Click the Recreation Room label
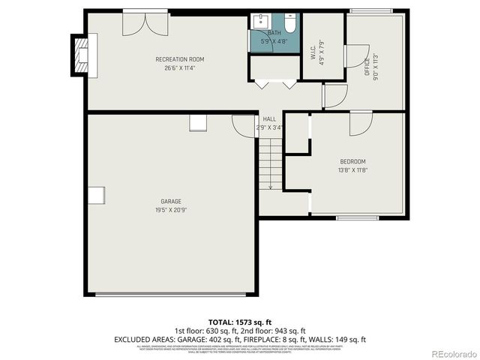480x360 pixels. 179,59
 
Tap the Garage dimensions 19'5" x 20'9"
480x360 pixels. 171,211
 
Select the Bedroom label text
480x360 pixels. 352,162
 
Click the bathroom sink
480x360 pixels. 262,21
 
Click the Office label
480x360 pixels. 367,66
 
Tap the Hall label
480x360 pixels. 269,119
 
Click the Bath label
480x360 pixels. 274,32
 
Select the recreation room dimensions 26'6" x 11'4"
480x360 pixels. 179,68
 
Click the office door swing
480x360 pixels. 352,56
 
